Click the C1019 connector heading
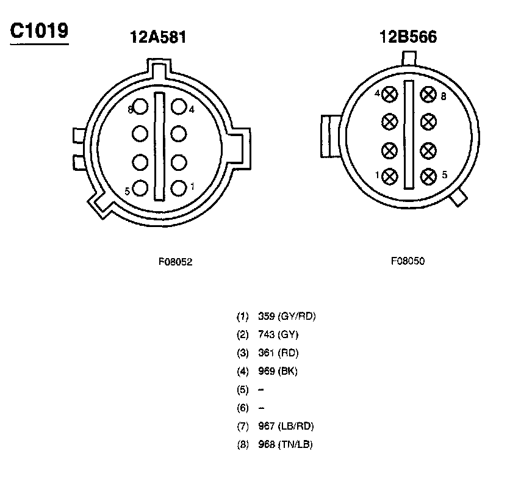pyautogui.click(x=39, y=31)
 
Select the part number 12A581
pyautogui.click(x=158, y=37)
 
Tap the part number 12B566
pyautogui.click(x=408, y=36)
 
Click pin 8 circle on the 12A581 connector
pyautogui.click(x=140, y=106)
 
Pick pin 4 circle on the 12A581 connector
pyautogui.click(x=179, y=106)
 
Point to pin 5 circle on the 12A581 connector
pyautogui.click(x=140, y=188)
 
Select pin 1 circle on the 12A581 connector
pyautogui.click(x=179, y=188)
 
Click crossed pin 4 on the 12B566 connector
pyautogui.click(x=390, y=95)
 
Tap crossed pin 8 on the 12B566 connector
pyautogui.click(x=428, y=95)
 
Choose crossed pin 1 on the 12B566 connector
pyautogui.click(x=390, y=176)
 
